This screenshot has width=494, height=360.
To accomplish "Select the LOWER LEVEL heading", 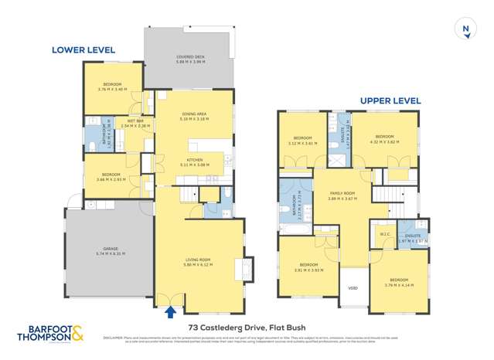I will pos(83,50).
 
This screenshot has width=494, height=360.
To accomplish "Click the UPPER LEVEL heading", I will pos(390,100).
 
